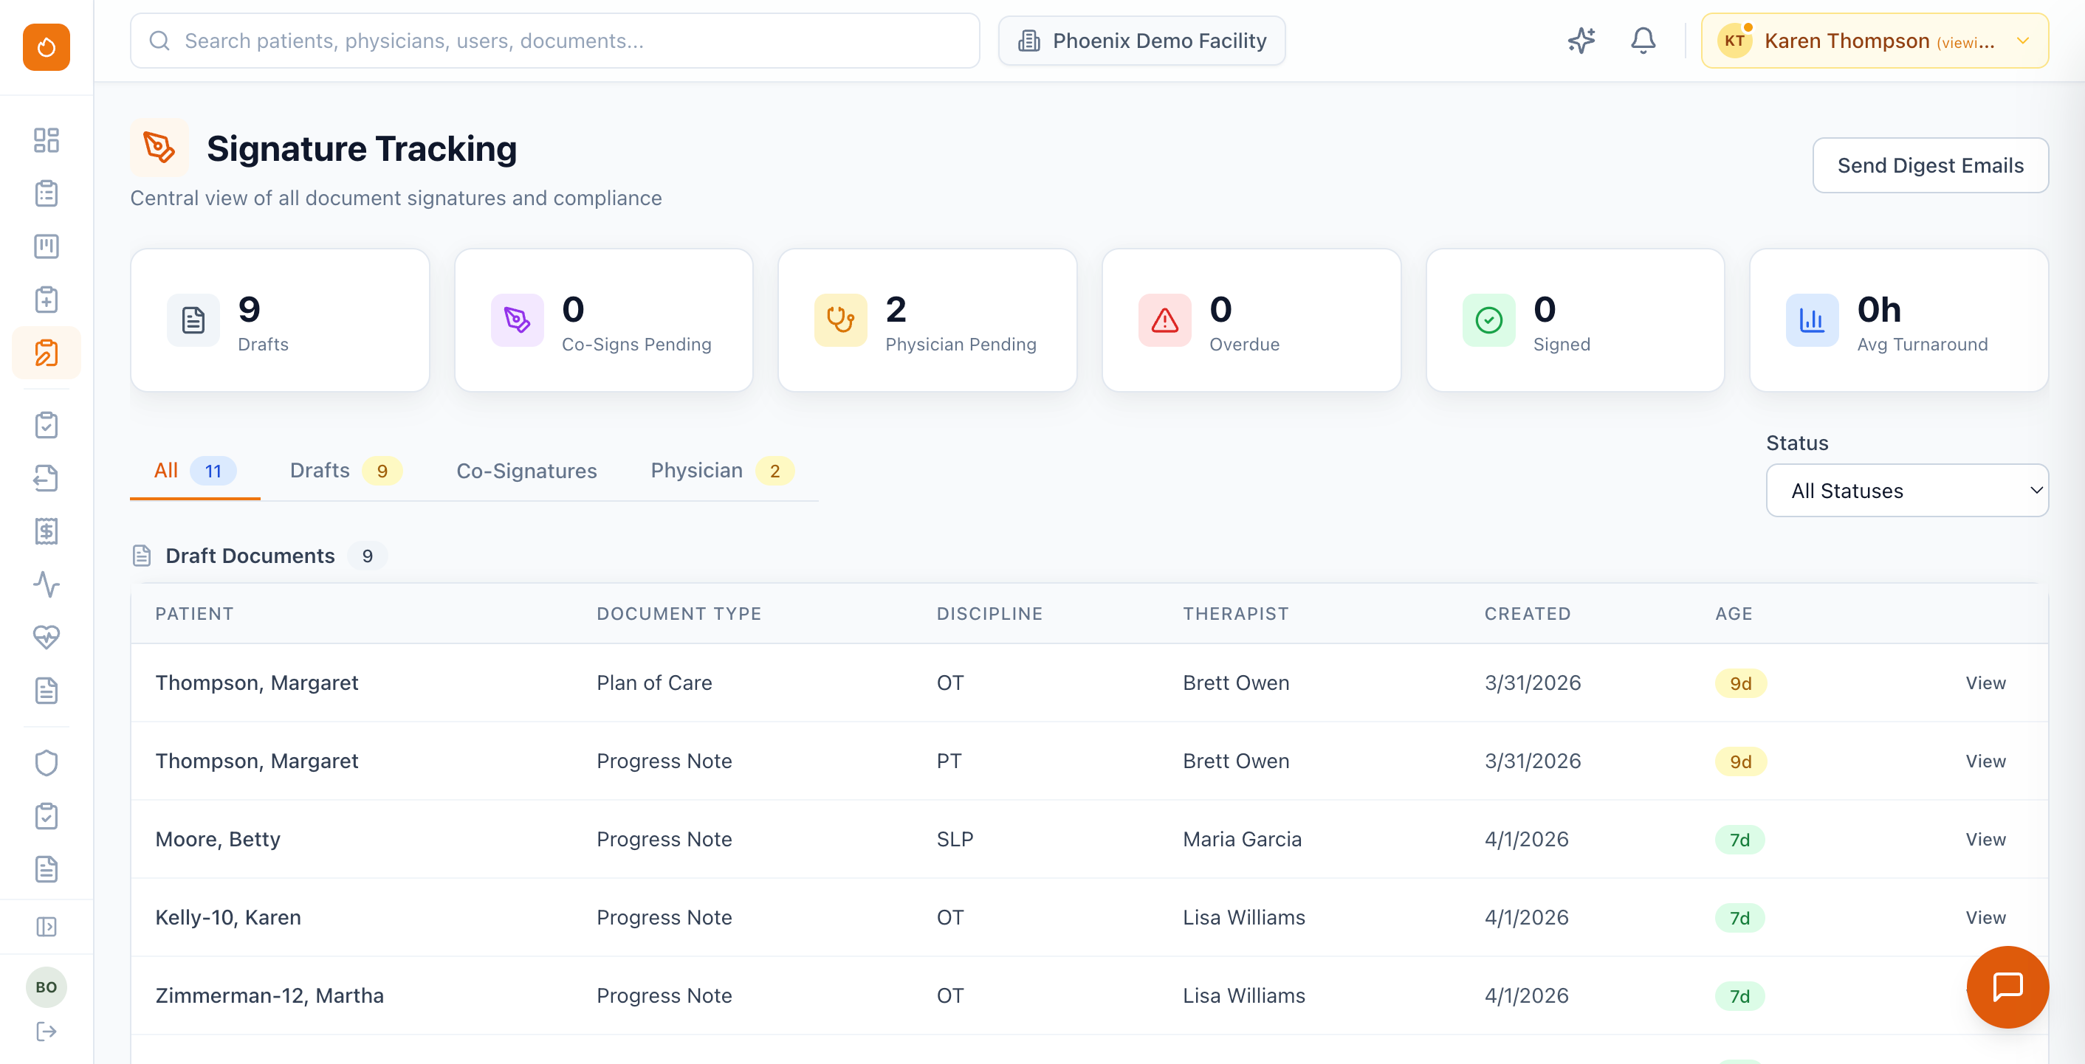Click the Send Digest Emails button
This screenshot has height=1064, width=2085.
pyautogui.click(x=1930, y=165)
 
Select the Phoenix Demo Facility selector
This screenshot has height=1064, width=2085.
pyautogui.click(x=1141, y=41)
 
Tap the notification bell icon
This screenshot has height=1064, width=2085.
pyautogui.click(x=1642, y=41)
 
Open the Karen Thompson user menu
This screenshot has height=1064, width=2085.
pyautogui.click(x=1874, y=41)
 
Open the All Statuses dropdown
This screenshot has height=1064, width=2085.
pyautogui.click(x=1906, y=491)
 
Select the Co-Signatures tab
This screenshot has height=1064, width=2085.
pyautogui.click(x=526, y=471)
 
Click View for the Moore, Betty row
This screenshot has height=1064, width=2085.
pyautogui.click(x=1985, y=840)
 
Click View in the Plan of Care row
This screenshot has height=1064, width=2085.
pyautogui.click(x=1985, y=683)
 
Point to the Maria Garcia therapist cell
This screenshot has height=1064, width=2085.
pyautogui.click(x=1242, y=840)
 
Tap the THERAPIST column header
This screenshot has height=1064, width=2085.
pyautogui.click(x=1235, y=613)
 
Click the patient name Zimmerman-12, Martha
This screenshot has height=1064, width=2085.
pyautogui.click(x=269, y=996)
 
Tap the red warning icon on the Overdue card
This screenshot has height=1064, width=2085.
pyautogui.click(x=1164, y=320)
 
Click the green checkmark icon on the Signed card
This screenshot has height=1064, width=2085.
pyautogui.click(x=1488, y=320)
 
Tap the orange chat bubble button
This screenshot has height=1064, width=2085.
pyautogui.click(x=2007, y=987)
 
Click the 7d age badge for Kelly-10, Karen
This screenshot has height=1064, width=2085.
pyautogui.click(x=1739, y=919)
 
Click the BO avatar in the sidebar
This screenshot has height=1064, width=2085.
pyautogui.click(x=46, y=987)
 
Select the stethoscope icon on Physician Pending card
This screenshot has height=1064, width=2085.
pyautogui.click(x=840, y=320)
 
